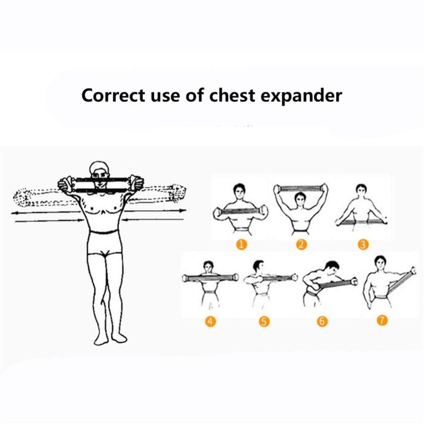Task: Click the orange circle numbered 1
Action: (x=242, y=244)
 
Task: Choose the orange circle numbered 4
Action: (x=211, y=321)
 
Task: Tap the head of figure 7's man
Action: (x=379, y=262)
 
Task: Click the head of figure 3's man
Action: (x=363, y=190)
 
